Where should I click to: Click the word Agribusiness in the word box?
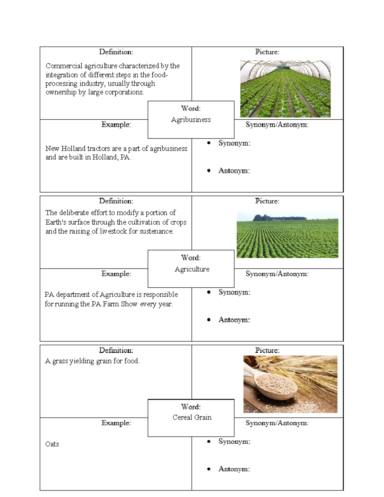(x=191, y=120)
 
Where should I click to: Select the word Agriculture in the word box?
(x=192, y=269)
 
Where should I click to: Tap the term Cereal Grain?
(x=192, y=417)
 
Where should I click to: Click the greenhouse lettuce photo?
(x=285, y=89)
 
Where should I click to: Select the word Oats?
(x=52, y=444)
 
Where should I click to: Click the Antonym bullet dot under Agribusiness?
(x=209, y=171)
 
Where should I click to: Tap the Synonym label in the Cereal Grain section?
(x=234, y=441)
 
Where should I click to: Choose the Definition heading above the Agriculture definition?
(x=116, y=201)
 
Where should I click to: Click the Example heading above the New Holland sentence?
(x=116, y=124)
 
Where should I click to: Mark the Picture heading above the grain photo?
(x=267, y=350)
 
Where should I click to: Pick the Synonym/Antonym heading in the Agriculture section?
(x=277, y=274)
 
